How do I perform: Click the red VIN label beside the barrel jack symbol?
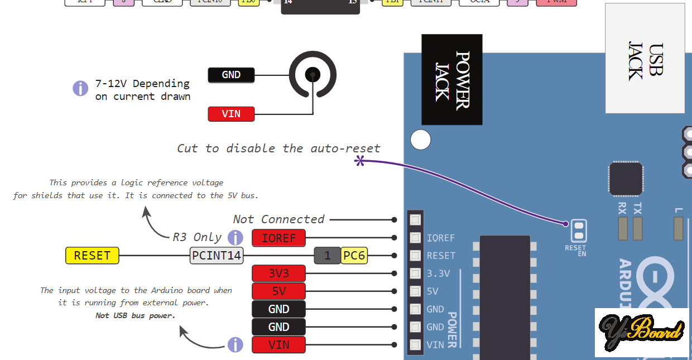tap(231, 114)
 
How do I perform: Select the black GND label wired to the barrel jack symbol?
tap(231, 75)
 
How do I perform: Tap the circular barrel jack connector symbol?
tap(313, 74)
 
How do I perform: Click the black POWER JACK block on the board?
tap(451, 79)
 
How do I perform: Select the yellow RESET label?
tap(92, 256)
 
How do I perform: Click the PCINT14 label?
tap(217, 256)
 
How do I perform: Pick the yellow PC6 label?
tap(354, 256)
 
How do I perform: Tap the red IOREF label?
tap(278, 238)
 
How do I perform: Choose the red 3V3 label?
tap(278, 273)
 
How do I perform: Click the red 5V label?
tap(278, 291)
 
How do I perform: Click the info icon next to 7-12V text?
tap(80, 88)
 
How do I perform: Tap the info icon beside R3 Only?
tap(236, 237)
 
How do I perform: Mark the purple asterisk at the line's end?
tap(360, 161)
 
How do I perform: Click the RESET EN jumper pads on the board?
tap(579, 230)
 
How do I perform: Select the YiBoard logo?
tap(642, 332)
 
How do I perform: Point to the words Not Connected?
tap(278, 219)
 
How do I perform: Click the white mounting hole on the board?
tap(421, 140)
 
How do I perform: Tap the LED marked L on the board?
tap(679, 228)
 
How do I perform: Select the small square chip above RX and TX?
tap(626, 179)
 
